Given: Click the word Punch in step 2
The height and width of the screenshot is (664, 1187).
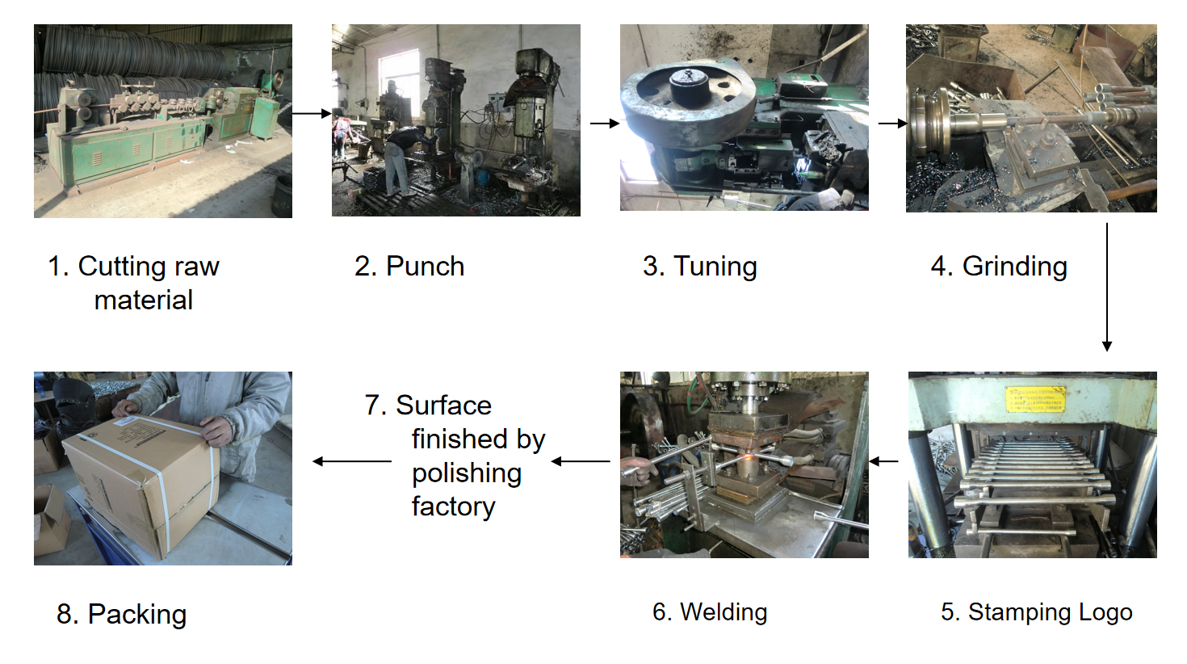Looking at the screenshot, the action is (x=425, y=266).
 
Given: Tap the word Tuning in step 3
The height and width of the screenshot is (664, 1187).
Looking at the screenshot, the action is (x=715, y=267).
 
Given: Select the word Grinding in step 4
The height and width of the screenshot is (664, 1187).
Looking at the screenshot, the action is (x=1014, y=267).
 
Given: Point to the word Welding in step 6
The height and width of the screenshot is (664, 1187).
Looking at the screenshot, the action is (x=724, y=612).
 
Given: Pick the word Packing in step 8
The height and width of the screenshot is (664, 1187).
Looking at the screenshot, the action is (x=136, y=616).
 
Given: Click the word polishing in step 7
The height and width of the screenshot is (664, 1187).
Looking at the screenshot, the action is (x=467, y=473).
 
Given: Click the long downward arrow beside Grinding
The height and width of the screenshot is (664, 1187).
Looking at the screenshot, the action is (x=1107, y=287).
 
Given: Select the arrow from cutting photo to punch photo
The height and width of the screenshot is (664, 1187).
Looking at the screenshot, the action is (x=312, y=113).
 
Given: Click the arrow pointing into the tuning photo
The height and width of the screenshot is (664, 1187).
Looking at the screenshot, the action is (x=605, y=124).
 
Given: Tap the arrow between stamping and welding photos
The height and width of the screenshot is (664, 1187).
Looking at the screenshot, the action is (x=883, y=461).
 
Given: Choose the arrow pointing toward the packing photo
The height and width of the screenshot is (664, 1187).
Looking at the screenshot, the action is (x=352, y=461).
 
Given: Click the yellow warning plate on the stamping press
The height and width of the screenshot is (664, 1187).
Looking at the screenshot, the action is (x=1035, y=399).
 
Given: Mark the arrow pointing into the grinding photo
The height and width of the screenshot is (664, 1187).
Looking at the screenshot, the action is (x=892, y=124).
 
